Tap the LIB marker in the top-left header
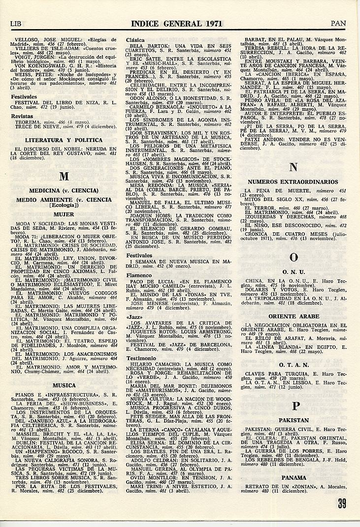pyautogui.click(x=18, y=23)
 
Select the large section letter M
pyautogui.click(x=64, y=177)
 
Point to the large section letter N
pyautogui.click(x=294, y=167)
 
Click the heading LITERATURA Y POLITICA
pyautogui.click(x=64, y=140)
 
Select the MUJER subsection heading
pyautogui.click(x=64, y=215)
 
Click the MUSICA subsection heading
pyautogui.click(x=64, y=385)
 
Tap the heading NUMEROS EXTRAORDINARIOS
pyautogui.click(x=293, y=182)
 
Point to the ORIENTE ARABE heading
pyautogui.click(x=294, y=316)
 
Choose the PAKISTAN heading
pyautogui.click(x=294, y=421)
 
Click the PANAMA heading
pyautogui.click(x=294, y=477)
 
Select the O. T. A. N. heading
pyautogui.click(x=294, y=365)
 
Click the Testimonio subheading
pyautogui.click(x=141, y=358)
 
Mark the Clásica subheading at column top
pyautogui.click(x=135, y=40)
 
